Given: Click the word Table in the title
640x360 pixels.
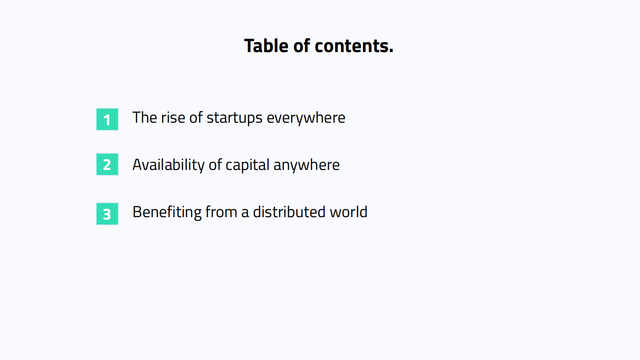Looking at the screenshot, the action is (x=266, y=46).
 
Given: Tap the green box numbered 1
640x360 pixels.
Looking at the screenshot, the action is (x=107, y=119).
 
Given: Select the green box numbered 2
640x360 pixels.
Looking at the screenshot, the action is (x=107, y=164).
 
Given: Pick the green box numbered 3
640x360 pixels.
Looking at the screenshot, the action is (x=107, y=214).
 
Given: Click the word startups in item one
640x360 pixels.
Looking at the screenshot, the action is (x=235, y=118).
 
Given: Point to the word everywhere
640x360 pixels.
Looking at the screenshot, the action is (x=306, y=118).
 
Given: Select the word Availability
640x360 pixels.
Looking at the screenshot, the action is (x=169, y=165).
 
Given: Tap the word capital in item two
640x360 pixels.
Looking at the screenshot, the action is (x=248, y=165).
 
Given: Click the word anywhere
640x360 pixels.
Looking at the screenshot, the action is (x=306, y=165).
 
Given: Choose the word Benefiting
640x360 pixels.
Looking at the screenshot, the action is (x=167, y=212).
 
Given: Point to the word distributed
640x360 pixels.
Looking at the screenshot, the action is (x=289, y=212).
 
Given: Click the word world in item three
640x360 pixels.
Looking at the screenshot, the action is (x=348, y=212).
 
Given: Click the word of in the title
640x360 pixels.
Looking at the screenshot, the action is (x=301, y=46).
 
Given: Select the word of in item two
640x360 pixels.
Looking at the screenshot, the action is (x=215, y=165).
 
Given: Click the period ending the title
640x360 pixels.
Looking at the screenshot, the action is (x=391, y=51).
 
